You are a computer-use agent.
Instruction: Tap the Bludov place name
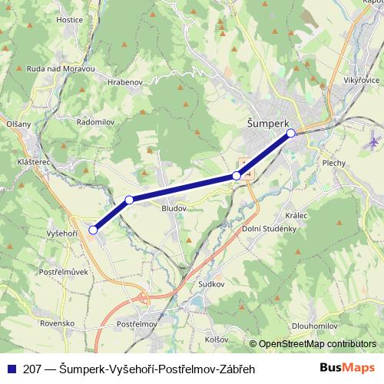click(174, 207)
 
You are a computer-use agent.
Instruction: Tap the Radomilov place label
click(97, 121)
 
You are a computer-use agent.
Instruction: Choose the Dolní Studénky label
click(269, 229)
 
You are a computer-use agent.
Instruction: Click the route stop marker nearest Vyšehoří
click(94, 230)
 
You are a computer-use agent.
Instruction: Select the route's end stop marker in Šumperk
click(291, 134)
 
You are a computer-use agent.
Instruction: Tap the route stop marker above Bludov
click(129, 200)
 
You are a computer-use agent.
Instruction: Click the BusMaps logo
click(348, 368)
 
